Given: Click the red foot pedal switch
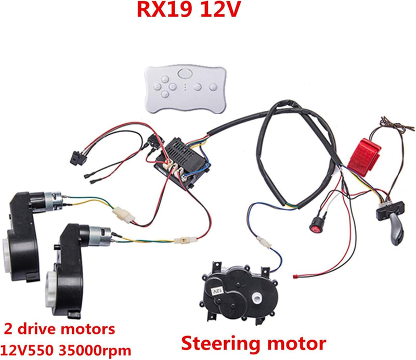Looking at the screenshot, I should click(363, 154).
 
